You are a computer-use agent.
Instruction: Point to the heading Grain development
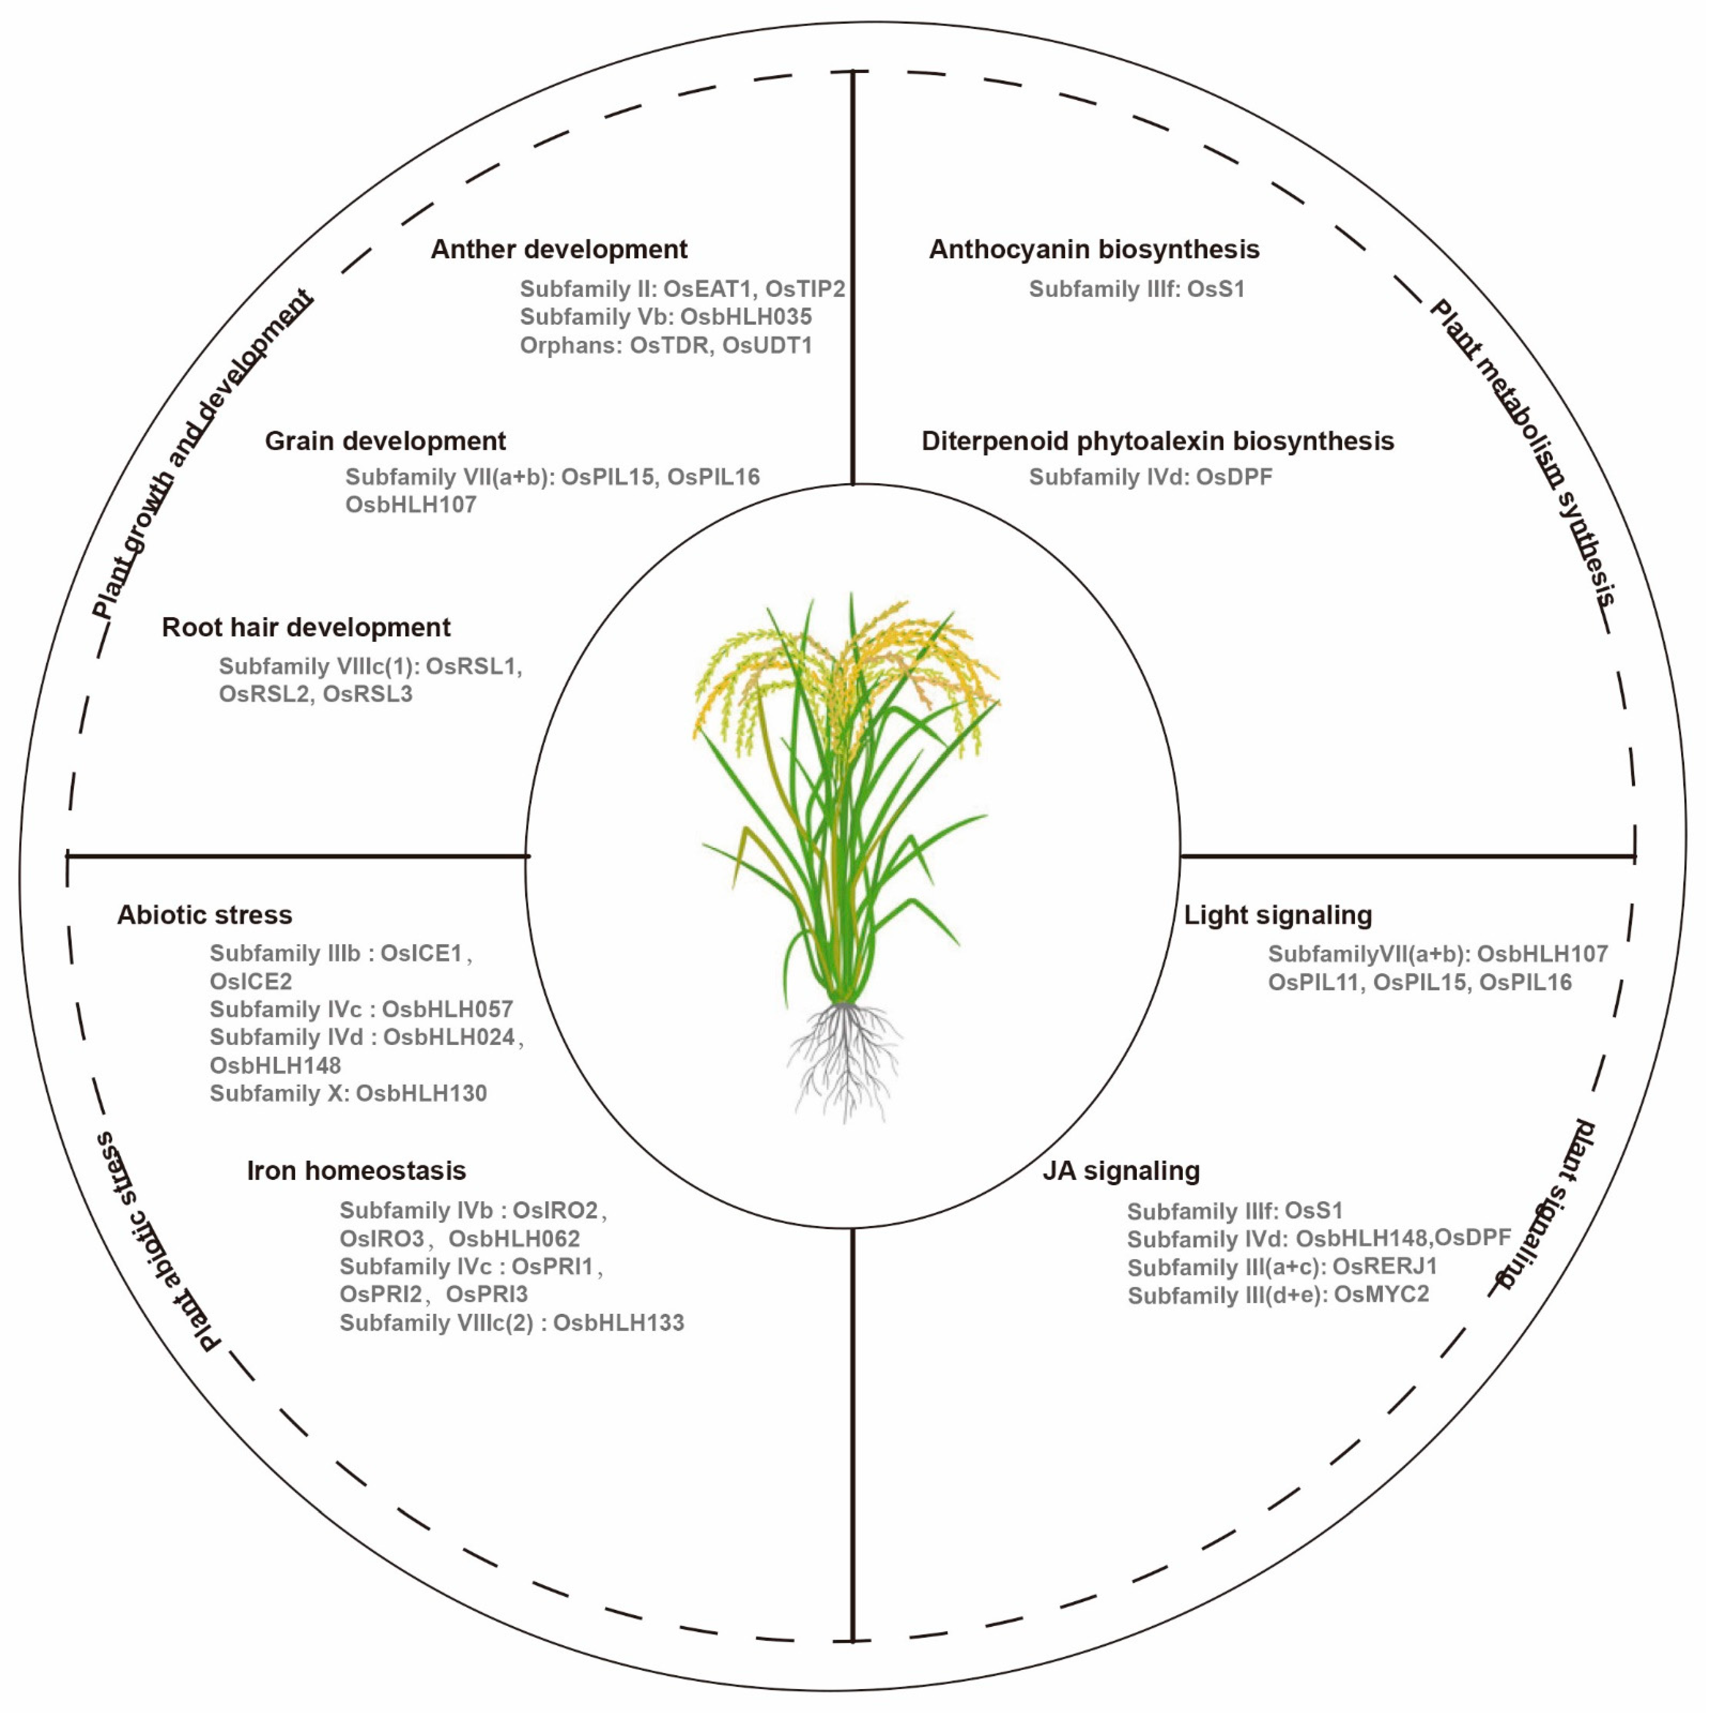pos(386,441)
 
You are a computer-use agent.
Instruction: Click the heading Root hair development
pos(306,628)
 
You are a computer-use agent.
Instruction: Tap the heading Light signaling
pos(1277,915)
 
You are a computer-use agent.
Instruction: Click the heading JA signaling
pos(1121,1171)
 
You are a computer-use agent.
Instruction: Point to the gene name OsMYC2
pos(1381,1295)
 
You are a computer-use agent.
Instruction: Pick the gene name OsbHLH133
pos(619,1323)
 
